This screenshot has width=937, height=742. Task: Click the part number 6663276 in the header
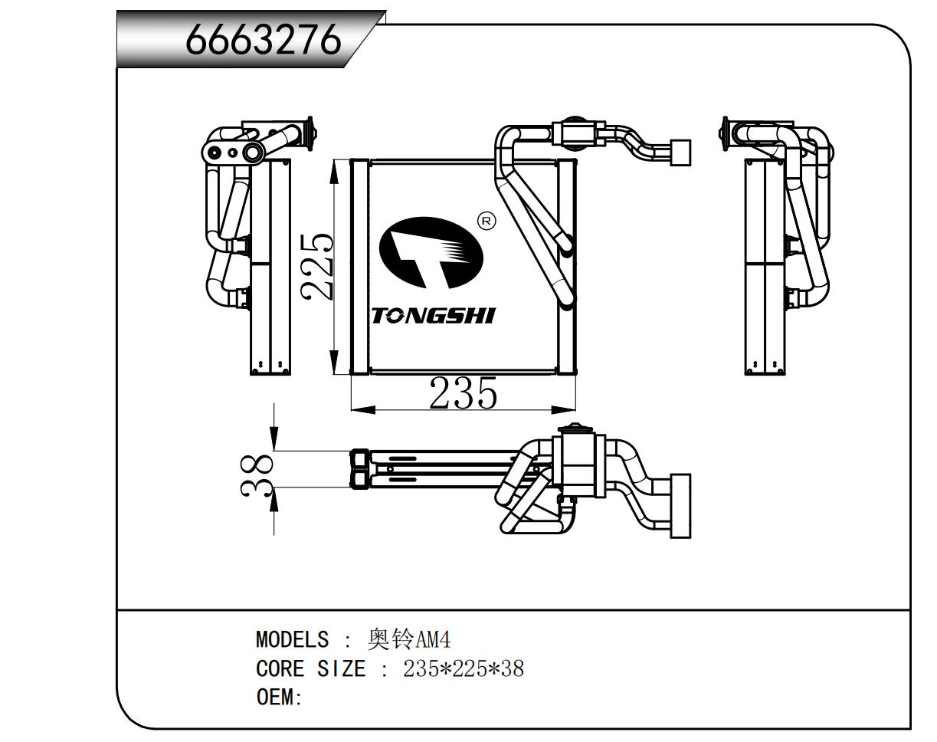click(264, 39)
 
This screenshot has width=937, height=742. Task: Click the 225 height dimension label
click(317, 267)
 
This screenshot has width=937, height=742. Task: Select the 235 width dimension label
click(463, 393)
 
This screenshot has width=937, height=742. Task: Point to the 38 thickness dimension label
click(257, 476)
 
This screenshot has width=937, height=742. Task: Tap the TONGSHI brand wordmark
click(433, 316)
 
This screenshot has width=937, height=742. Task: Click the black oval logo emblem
click(431, 253)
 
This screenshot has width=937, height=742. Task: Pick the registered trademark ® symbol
click(487, 222)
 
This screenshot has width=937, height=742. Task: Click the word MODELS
click(292, 639)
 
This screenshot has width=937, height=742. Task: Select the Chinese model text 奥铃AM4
click(409, 639)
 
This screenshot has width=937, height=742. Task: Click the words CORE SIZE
click(311, 669)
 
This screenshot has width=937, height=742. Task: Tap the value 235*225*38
click(464, 669)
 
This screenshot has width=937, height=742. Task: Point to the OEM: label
click(279, 697)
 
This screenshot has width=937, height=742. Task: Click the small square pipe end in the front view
click(680, 153)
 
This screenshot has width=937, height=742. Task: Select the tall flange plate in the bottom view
click(680, 506)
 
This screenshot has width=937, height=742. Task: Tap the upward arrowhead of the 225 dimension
click(334, 172)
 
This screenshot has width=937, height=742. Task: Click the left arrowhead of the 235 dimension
click(363, 409)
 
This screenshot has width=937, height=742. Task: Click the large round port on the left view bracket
click(252, 153)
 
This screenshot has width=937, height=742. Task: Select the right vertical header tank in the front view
click(567, 267)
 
